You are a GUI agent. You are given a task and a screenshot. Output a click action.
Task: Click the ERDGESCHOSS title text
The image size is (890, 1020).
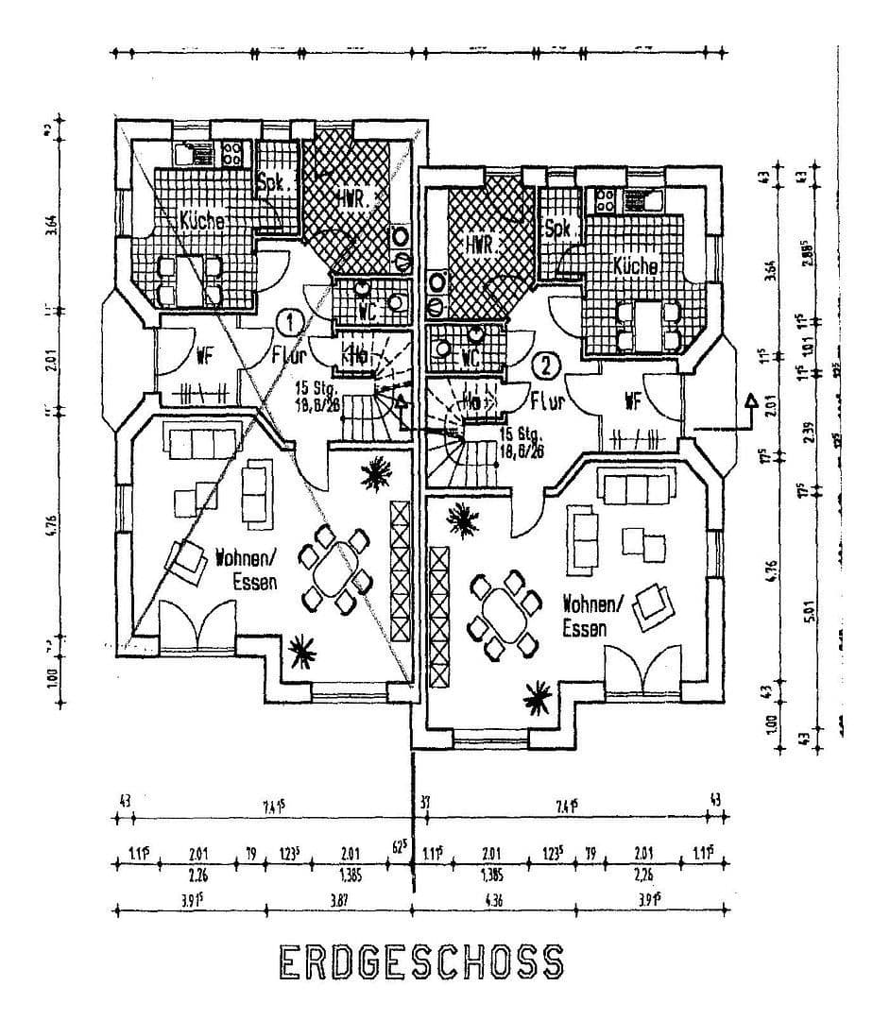421,961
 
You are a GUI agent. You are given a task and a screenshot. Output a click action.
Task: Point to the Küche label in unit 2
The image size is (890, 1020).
635,266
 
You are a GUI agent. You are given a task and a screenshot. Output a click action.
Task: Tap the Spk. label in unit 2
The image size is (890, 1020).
561,229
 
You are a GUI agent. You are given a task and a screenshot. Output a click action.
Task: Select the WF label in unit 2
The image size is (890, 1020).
632,401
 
